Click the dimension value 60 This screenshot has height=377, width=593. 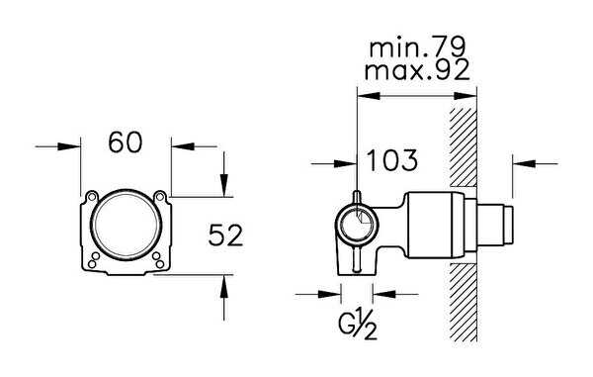click(126, 142)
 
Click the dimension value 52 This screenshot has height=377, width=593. click(225, 235)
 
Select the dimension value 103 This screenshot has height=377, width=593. click(392, 159)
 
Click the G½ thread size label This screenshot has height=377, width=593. click(358, 325)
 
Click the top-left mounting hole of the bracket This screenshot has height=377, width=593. click(91, 197)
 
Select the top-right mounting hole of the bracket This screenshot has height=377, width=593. click(159, 197)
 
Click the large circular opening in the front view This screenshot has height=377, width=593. click(126, 225)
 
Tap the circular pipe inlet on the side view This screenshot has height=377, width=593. click(357, 226)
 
